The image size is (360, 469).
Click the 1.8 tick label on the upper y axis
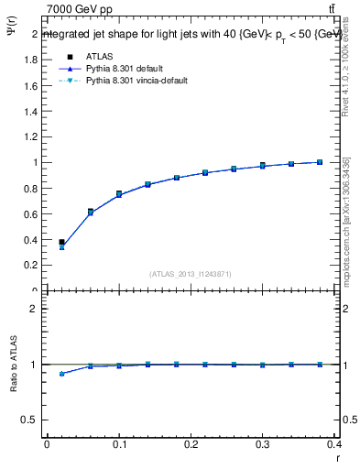[31, 60]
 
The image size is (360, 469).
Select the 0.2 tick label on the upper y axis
[31, 266]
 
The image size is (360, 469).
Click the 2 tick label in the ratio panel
[35, 309]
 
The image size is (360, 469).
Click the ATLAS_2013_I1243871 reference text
[191, 275]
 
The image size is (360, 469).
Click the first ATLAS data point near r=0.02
[61, 243]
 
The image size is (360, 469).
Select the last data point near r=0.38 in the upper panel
[320, 162]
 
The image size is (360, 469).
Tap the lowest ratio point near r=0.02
[61, 374]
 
